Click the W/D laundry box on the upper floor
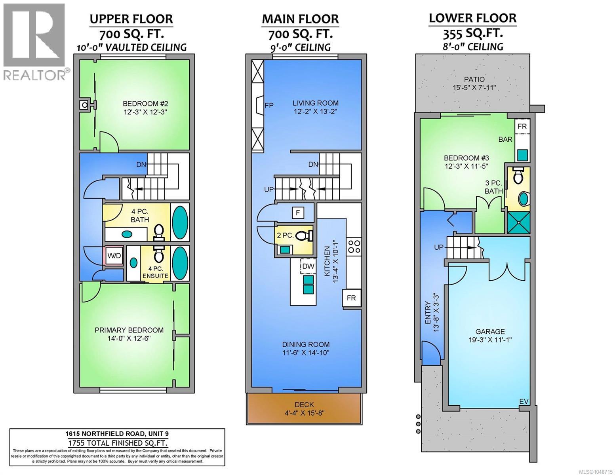coord(114,256)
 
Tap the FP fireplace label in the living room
coord(269,105)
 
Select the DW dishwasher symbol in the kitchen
coord(308,266)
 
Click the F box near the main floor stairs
coord(298,213)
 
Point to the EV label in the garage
coord(524,401)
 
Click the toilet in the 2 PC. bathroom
coord(304,236)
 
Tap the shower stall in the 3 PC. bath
coord(518,222)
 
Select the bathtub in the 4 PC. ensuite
coord(180,263)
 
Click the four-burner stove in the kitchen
coord(354,247)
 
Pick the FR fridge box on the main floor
coord(352,298)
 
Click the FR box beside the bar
coord(522,126)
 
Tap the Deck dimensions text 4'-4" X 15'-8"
coord(304,413)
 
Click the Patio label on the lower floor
coord(474,79)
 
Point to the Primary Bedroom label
coord(129,330)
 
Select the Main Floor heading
coord(300,19)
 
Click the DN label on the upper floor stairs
coord(141,164)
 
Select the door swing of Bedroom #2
coord(109,141)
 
